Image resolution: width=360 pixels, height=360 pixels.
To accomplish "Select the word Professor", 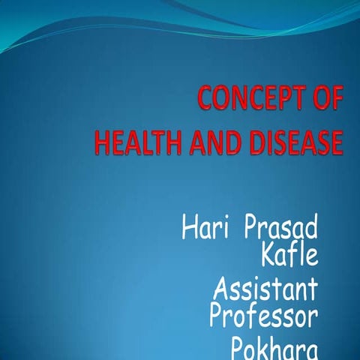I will [x=263, y=316].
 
